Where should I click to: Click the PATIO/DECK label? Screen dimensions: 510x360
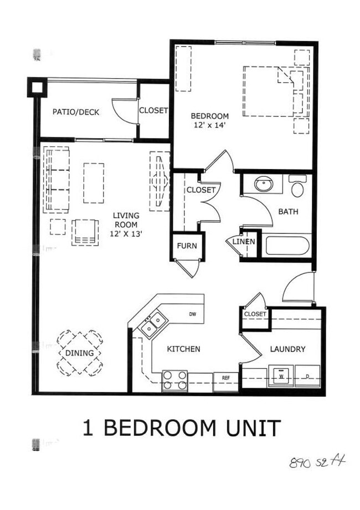(x=76, y=112)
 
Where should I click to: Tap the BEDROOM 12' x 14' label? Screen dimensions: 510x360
(x=210, y=120)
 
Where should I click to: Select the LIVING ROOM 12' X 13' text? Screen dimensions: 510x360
(x=126, y=225)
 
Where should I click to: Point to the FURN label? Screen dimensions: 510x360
(x=187, y=246)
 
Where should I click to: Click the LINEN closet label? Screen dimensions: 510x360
(x=244, y=242)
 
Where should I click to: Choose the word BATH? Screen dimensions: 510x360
(x=288, y=211)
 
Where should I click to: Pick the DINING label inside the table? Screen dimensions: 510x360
(x=80, y=353)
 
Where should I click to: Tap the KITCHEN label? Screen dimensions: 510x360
(x=183, y=349)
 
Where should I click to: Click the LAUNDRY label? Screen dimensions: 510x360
(x=287, y=349)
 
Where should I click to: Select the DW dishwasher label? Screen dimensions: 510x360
(x=193, y=314)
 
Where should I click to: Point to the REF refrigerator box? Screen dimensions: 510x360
(x=226, y=378)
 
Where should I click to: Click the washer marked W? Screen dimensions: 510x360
(x=281, y=376)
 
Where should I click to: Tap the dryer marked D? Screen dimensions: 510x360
(x=307, y=376)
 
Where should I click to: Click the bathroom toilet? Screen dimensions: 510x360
(x=298, y=187)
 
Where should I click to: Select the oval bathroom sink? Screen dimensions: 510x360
(x=263, y=184)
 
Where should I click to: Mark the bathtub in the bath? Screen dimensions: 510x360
(x=287, y=246)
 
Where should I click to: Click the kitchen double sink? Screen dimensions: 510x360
(x=153, y=324)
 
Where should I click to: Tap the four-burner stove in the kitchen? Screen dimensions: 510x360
(x=174, y=381)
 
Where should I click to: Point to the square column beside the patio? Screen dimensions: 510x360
(x=38, y=87)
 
